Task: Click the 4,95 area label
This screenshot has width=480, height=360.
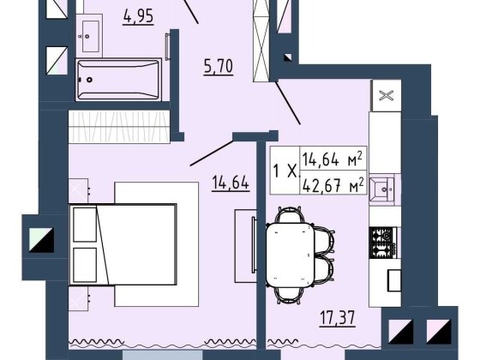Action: coord(138,16)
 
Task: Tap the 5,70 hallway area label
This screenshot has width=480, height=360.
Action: coord(219,67)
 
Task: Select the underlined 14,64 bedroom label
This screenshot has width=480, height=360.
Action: coord(231,183)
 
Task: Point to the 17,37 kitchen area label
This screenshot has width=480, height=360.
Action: coord(338,318)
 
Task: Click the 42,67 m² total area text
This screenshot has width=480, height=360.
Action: coord(333,185)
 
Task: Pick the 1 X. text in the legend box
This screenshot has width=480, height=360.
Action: coord(285,171)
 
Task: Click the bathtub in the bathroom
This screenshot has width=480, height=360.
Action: coord(118,80)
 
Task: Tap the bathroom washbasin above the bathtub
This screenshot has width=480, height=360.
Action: coord(89,36)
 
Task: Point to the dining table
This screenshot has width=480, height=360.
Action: coord(291,255)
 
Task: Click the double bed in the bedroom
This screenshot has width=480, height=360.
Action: coord(123,244)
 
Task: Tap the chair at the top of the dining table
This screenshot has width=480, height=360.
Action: coord(290,215)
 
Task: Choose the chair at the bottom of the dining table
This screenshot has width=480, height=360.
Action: coord(290,296)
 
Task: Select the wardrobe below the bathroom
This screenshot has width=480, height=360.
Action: coord(119,127)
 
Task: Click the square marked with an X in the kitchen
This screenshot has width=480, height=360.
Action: coord(386,95)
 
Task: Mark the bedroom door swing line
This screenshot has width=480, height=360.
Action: coord(212,153)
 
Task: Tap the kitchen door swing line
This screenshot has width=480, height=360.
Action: coord(287,103)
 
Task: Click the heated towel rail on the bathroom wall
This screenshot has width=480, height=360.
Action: coord(167,46)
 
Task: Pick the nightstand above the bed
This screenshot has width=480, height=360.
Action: coord(78,190)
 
